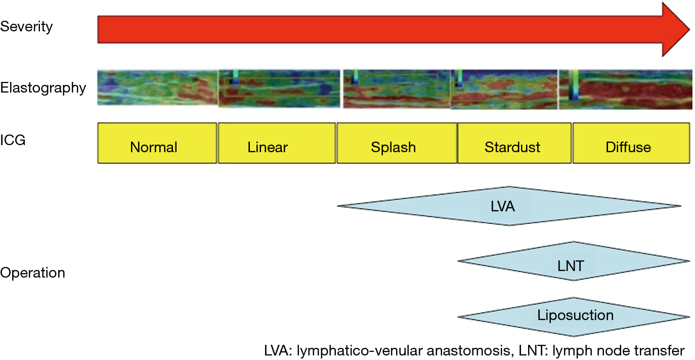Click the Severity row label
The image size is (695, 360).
[26, 27]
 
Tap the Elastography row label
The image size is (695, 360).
[43, 88]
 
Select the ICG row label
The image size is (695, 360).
[13, 140]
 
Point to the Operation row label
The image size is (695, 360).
[32, 273]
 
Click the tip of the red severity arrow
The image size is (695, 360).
[689, 29]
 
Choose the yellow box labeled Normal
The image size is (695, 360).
[157, 143]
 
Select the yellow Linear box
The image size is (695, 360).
[277, 143]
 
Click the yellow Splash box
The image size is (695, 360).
[397, 143]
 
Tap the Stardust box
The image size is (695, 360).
[514, 143]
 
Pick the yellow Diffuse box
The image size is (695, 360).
[631, 143]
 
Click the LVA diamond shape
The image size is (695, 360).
[509, 206]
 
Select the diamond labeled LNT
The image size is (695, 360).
[574, 261]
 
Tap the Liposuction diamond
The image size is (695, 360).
[574, 317]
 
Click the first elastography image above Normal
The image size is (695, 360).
[158, 88]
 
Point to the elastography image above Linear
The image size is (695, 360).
[279, 88]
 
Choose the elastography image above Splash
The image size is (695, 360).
[397, 89]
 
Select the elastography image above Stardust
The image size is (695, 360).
[504, 89]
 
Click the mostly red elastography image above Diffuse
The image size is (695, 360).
[626, 89]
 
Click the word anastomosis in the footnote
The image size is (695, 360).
[468, 351]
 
